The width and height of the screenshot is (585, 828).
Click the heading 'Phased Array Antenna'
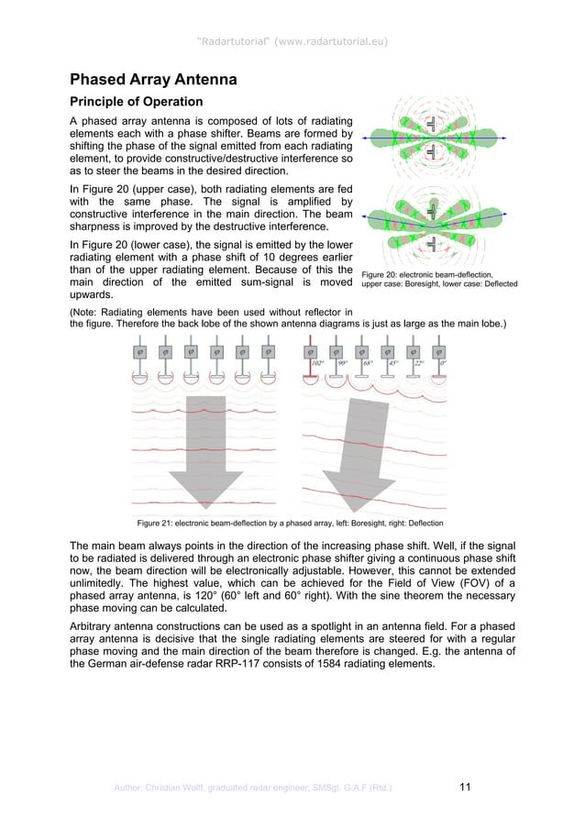pos(154,80)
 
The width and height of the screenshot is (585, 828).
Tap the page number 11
pos(465,785)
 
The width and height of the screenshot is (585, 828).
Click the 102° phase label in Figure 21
pos(317,363)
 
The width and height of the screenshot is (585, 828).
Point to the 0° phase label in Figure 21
pos(444,363)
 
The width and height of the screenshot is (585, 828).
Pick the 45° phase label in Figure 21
pos(393,363)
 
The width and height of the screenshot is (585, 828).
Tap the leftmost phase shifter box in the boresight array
pos(140,350)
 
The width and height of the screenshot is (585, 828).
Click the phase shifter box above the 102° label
pos(311,350)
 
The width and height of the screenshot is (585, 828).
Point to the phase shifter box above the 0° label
pos(438,350)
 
